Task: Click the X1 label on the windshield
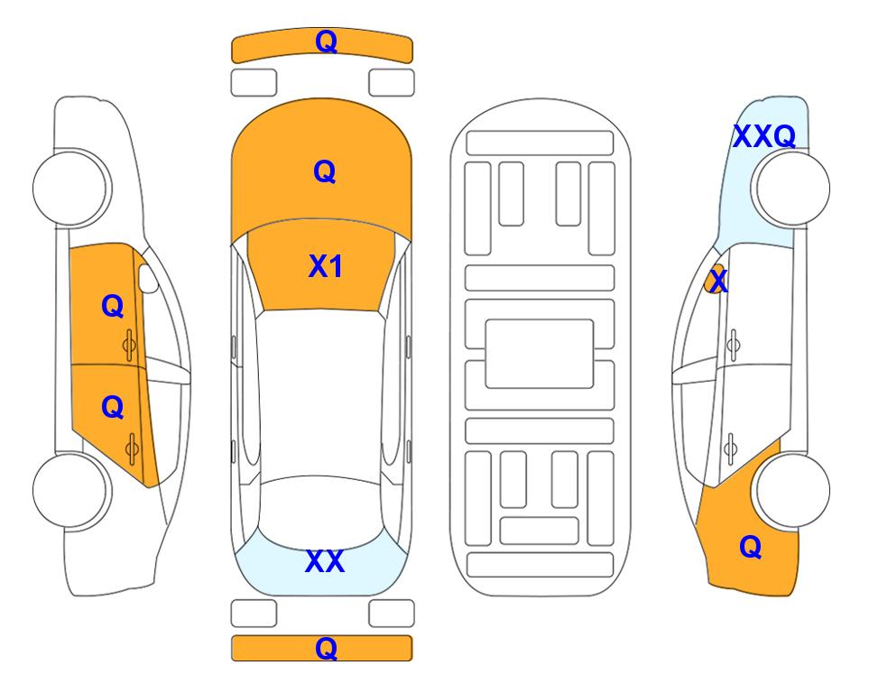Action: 326,266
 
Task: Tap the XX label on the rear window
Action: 325,561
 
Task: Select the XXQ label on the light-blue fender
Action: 764,136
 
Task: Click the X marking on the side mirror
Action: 717,280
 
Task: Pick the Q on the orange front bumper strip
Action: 326,42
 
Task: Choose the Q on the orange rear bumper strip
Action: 326,648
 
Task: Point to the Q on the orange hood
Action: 325,171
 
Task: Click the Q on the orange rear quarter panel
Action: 751,547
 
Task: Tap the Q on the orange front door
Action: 113,306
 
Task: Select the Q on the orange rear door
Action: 113,408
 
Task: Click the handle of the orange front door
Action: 129,346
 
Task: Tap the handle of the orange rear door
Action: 132,448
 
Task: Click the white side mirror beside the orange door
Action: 149,278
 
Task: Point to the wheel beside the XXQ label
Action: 790,189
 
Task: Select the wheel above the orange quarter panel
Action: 791,490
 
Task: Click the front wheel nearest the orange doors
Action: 72,188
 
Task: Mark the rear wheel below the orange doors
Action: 71,490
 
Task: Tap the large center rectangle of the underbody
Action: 540,354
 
